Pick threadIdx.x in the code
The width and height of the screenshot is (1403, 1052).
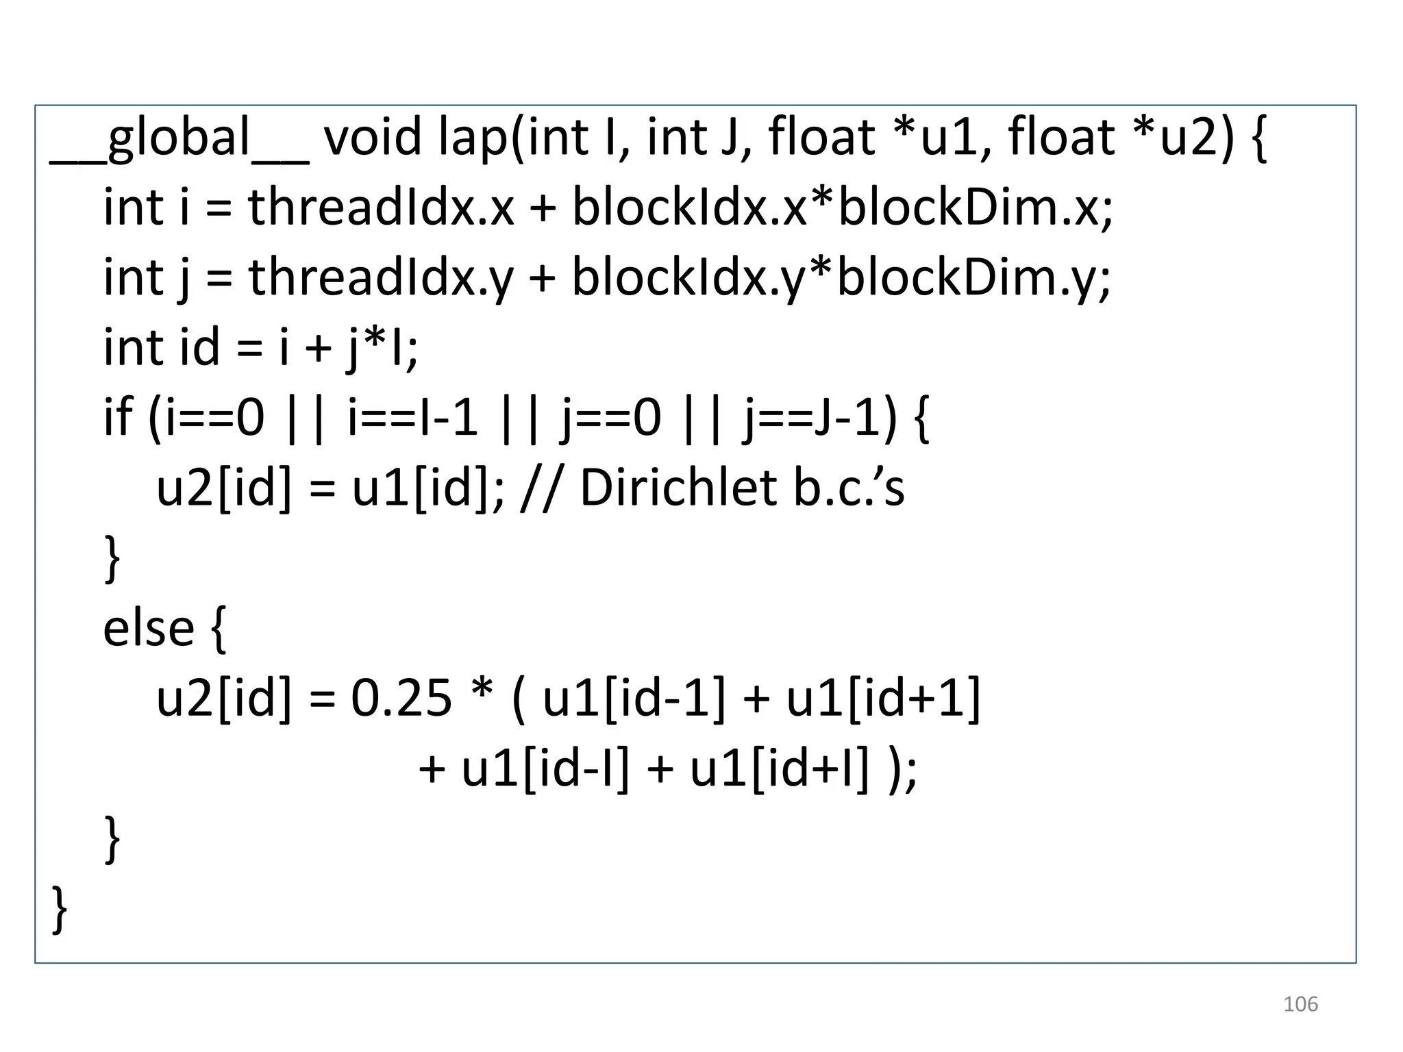(380, 208)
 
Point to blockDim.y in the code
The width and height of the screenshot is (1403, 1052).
(973, 279)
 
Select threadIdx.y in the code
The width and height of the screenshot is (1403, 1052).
(380, 279)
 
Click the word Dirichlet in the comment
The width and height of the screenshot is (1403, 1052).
(678, 489)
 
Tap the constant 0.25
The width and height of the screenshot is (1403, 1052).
(401, 699)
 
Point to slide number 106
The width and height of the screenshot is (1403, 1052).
(1300, 1005)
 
